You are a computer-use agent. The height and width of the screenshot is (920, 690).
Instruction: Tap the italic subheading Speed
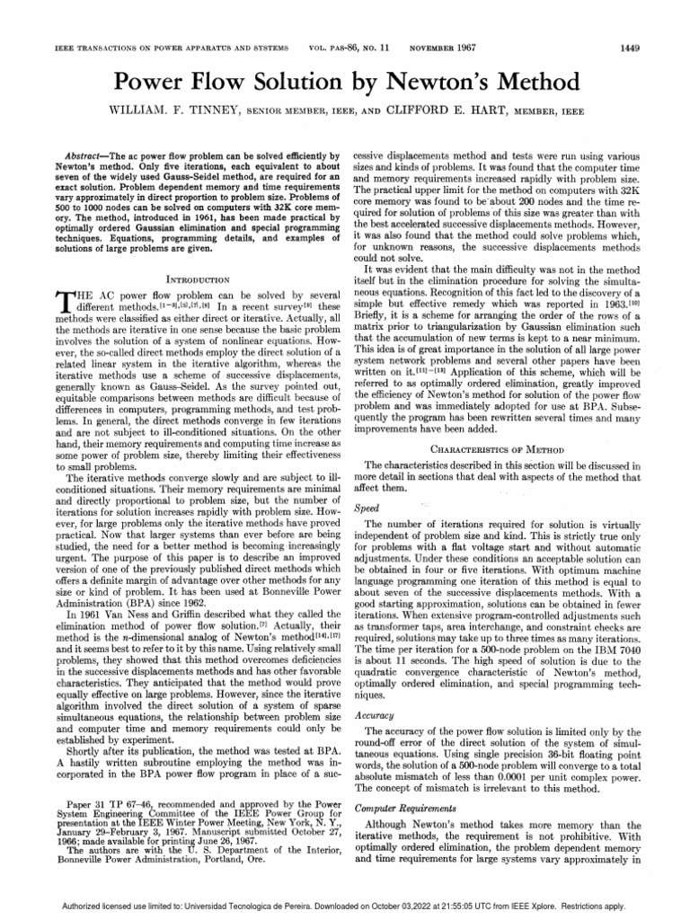point(367,508)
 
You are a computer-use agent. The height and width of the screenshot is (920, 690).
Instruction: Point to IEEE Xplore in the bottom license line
point(539,907)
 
